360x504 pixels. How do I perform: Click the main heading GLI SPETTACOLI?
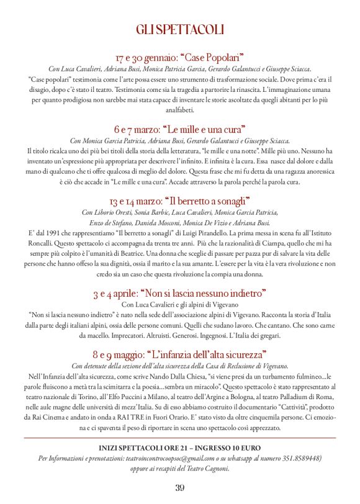(180, 30)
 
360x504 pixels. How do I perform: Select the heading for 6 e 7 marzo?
(180, 129)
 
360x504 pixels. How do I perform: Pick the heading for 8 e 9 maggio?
(180, 354)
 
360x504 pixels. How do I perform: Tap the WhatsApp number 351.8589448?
(294, 458)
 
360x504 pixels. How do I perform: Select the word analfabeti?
(180, 110)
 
